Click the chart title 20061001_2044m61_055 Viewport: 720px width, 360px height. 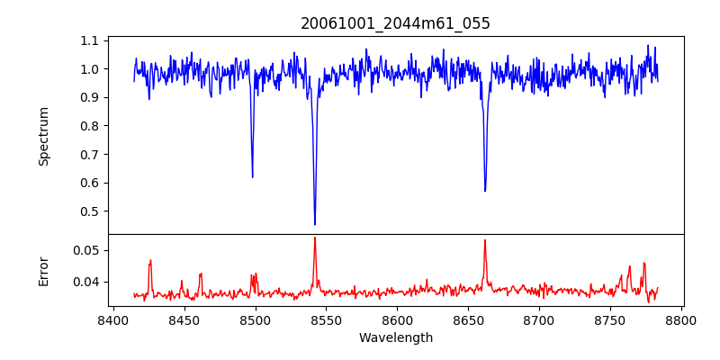[x=395, y=23]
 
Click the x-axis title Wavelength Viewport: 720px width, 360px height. [x=395, y=338]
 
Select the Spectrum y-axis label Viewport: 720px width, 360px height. [x=43, y=136]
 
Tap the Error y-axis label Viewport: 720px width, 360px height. [x=43, y=270]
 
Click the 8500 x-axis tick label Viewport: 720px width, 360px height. [x=255, y=319]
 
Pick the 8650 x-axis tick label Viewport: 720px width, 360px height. [x=468, y=319]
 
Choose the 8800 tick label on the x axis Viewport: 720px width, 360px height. [x=681, y=319]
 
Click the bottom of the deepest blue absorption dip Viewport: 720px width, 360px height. [x=315, y=224]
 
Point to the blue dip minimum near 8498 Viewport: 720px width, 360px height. [x=252, y=177]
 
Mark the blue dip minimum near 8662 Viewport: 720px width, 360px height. [x=485, y=191]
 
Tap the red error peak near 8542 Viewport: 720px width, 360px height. [x=315, y=238]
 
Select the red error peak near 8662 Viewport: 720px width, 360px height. [x=485, y=239]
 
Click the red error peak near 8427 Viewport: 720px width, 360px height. [x=150, y=260]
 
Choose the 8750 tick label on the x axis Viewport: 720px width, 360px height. [x=610, y=319]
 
